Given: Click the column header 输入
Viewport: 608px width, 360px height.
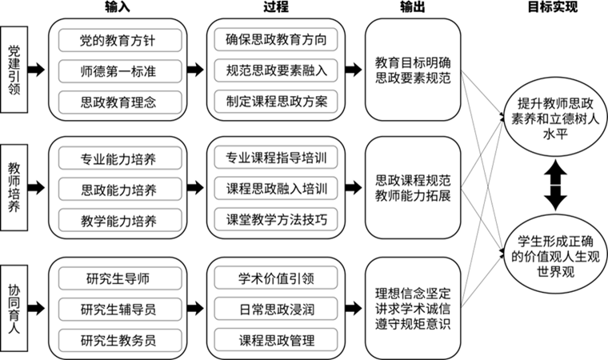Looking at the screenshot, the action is tap(118, 7).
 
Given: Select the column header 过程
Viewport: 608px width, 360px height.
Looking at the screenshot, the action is tap(276, 7).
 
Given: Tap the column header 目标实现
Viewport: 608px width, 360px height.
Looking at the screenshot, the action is tap(553, 7).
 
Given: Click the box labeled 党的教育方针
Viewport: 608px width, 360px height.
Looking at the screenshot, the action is tap(120, 40).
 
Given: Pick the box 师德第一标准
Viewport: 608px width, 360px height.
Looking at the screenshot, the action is tap(120, 71).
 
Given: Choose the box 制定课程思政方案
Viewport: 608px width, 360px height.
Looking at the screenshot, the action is tap(276, 102).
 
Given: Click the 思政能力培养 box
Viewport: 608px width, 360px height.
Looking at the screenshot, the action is tap(120, 190).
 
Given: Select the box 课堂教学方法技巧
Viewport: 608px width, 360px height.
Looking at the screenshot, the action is tap(276, 219).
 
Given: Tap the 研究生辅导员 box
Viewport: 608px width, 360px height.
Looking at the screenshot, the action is tap(120, 310).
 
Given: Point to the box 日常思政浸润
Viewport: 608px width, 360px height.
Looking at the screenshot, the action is tap(276, 309).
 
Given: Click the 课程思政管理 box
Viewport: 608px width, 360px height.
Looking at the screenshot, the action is tap(276, 340).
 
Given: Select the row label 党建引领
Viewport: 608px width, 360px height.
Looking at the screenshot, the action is tap(14, 70).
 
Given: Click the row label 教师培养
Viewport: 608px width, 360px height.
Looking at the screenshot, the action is tap(14, 188).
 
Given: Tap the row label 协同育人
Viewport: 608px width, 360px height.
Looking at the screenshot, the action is tap(14, 309).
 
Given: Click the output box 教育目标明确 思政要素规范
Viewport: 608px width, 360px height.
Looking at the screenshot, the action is tap(413, 70).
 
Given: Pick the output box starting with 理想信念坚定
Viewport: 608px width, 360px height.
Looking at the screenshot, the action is tap(413, 309).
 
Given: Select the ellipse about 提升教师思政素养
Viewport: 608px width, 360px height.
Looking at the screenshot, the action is tap(555, 118).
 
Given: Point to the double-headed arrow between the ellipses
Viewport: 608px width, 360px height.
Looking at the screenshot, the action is tap(555, 186).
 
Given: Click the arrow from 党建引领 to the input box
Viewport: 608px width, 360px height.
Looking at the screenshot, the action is tap(37, 70).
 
